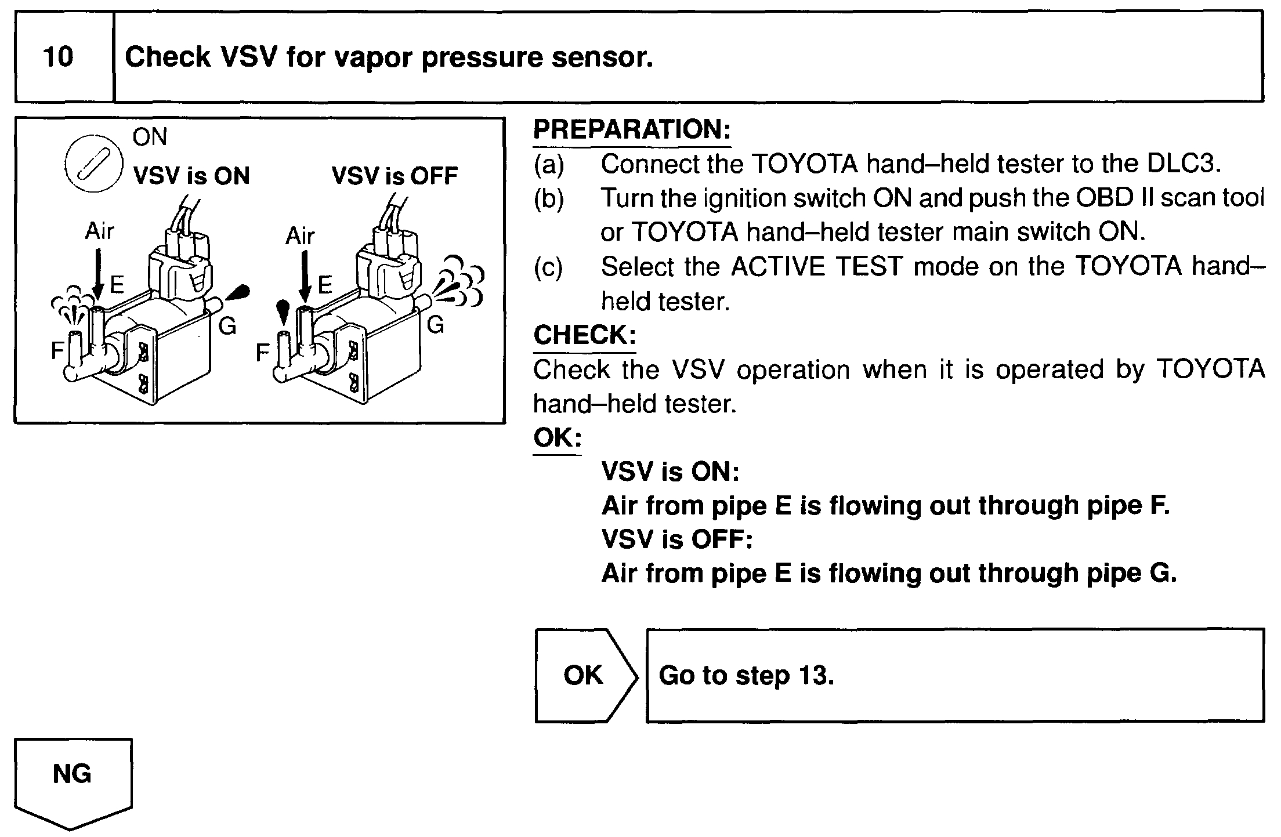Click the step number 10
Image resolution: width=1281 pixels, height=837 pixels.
(58, 57)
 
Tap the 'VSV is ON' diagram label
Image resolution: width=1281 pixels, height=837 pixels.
(191, 175)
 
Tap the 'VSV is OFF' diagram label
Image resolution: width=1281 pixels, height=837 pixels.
(395, 175)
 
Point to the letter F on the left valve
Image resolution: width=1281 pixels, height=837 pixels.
(57, 350)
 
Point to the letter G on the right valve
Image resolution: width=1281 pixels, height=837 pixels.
(435, 325)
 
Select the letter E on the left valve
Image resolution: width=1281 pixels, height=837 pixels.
(117, 284)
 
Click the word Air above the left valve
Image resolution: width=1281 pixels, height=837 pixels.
(100, 231)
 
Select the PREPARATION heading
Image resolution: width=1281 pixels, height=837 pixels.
(632, 129)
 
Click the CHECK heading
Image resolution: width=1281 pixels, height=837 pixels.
(584, 335)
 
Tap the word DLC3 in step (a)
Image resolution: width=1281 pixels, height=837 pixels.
(1184, 164)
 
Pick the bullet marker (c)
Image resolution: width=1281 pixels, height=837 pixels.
(548, 267)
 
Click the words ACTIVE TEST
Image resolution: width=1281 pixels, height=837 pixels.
(817, 267)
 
